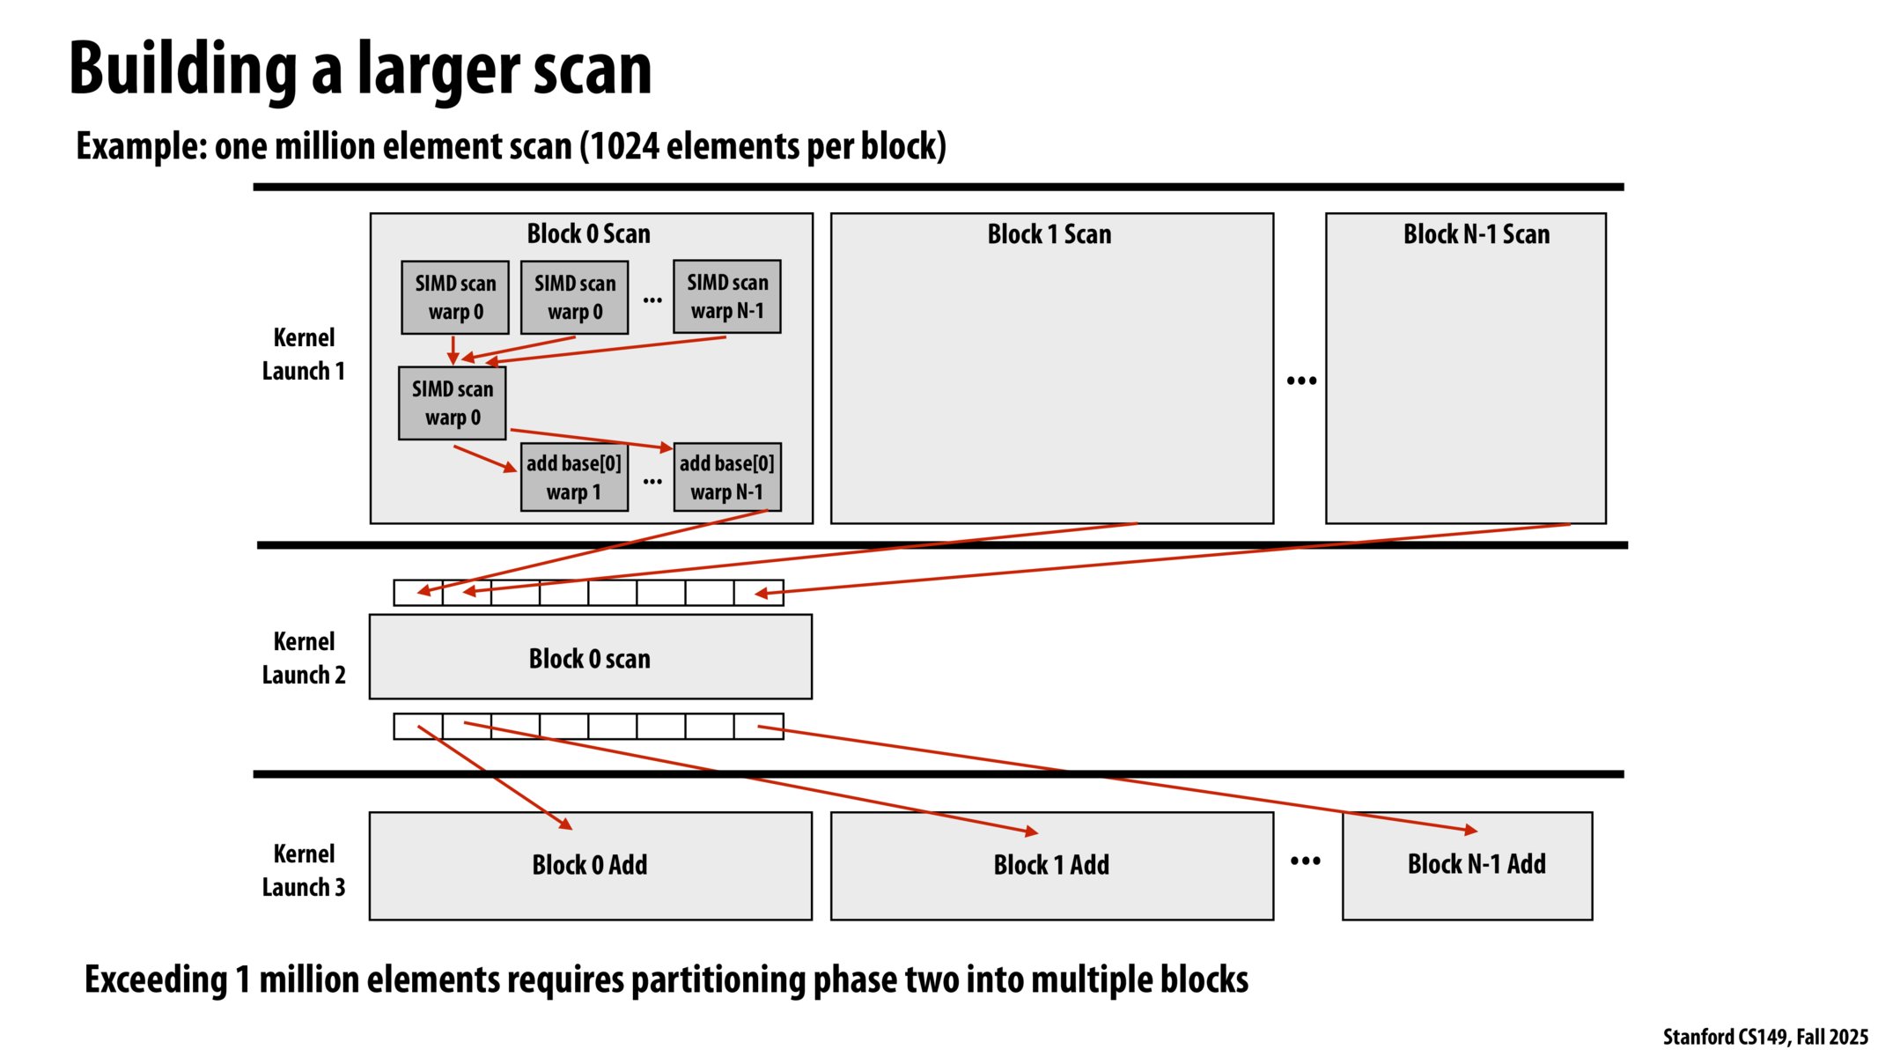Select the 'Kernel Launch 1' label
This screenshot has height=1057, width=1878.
[304, 354]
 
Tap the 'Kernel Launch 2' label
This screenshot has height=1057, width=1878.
[304, 658]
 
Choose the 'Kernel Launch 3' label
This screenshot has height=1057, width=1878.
[304, 870]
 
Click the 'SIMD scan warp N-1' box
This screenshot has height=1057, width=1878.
[727, 297]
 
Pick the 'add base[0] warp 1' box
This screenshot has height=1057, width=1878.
[574, 477]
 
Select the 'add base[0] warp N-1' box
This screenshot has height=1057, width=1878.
[727, 477]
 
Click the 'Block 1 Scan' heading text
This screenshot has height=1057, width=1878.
[1049, 234]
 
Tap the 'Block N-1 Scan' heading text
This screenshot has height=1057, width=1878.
[1476, 234]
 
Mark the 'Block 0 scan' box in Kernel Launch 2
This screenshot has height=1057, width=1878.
[590, 658]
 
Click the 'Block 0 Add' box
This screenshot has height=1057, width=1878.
[590, 865]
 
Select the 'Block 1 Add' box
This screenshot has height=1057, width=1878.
[1051, 865]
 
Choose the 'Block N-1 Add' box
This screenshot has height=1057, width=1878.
[1476, 864]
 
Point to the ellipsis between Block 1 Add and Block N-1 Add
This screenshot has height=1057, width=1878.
[1305, 861]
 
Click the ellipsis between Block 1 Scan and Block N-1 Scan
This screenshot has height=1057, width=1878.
[1301, 381]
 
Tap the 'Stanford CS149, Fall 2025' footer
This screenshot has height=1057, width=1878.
[1764, 1037]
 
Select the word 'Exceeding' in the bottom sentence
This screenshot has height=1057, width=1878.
[156, 979]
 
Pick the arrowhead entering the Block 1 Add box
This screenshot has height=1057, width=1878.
[1033, 832]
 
